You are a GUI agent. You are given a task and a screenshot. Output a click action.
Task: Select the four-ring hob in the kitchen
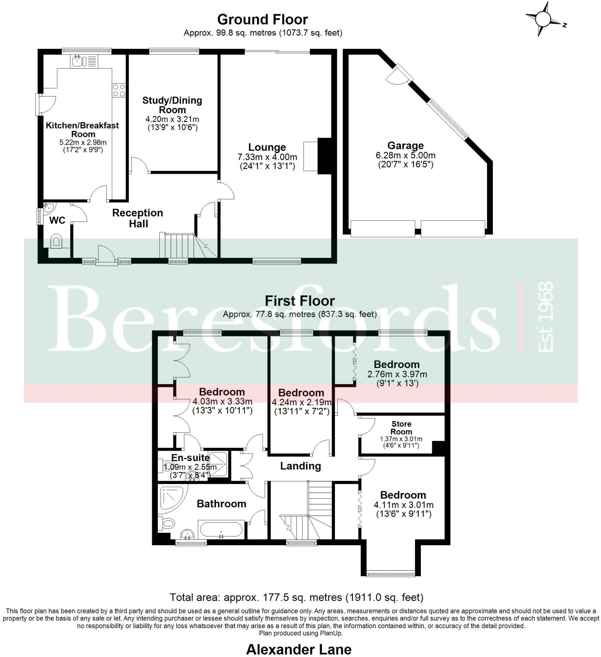click(x=119, y=90)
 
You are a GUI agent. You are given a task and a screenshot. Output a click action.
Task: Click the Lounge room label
click(x=267, y=147)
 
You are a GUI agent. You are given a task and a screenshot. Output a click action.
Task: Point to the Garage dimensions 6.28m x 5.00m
click(x=405, y=156)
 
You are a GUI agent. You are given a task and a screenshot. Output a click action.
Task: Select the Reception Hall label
click(x=138, y=218)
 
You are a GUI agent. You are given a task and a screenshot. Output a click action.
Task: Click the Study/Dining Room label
click(x=172, y=105)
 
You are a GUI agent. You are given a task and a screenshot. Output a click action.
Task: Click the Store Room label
click(x=401, y=428)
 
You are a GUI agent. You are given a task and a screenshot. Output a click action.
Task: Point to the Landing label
click(x=300, y=466)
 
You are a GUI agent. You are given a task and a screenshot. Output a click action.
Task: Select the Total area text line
click(x=296, y=597)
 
